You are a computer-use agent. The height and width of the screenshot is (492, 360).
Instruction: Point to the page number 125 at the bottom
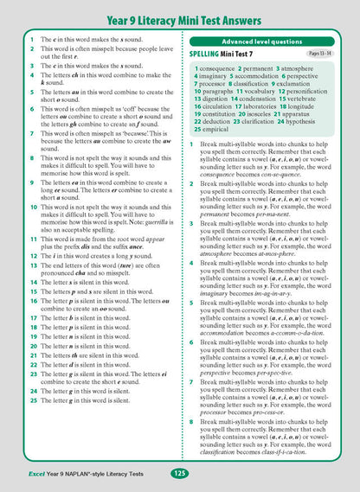(179, 473)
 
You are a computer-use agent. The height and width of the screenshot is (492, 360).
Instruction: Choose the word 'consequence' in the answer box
(227, 67)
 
